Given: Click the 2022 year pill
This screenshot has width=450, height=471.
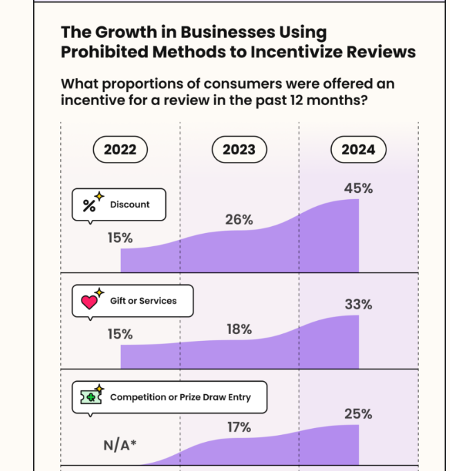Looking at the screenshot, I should [120, 149].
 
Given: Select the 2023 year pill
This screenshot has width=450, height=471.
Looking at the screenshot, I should [239, 149].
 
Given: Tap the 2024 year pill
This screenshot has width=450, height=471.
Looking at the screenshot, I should [358, 149].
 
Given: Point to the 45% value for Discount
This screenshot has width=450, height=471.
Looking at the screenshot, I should [358, 188].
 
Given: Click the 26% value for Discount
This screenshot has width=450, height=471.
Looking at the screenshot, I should [239, 220].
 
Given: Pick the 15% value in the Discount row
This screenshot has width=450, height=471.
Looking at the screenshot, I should [120, 238].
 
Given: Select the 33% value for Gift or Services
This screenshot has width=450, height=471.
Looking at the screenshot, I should [358, 304].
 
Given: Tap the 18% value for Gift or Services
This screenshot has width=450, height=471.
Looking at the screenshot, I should [239, 329].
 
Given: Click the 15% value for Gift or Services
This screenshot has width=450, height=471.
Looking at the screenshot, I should [120, 334].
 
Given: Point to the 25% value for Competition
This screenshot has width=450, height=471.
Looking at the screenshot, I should [358, 414].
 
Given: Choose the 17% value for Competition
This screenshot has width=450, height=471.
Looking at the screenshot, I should [239, 428].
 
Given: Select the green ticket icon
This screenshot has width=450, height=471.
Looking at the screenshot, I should [91, 397].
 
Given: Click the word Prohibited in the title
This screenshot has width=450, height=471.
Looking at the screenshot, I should [103, 52].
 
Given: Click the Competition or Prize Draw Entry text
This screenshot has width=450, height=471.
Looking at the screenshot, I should [180, 397].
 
